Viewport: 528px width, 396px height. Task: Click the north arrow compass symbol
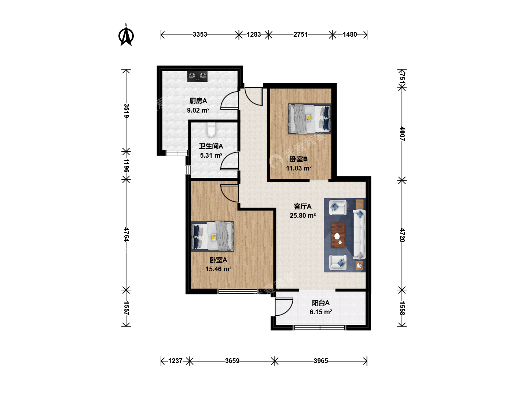126,35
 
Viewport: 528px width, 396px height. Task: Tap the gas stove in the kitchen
197,77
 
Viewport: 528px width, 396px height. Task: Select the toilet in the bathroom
211,129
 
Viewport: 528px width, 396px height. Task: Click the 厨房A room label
198,101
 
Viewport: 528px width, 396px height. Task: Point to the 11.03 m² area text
299,168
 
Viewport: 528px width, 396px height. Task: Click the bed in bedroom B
309,119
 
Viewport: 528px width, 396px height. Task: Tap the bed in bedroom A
213,236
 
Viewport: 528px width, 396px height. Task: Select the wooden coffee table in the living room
338,235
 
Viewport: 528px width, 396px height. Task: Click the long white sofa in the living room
359,234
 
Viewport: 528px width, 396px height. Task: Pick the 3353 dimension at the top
200,34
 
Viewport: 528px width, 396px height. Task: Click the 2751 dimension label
300,34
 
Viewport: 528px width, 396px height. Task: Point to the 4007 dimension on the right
402,134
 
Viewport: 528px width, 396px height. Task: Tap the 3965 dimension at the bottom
321,361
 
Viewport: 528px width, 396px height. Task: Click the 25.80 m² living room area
302,216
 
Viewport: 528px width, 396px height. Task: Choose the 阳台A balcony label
320,303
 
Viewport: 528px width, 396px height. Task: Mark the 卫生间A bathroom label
211,146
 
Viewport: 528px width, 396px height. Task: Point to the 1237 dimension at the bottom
175,361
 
